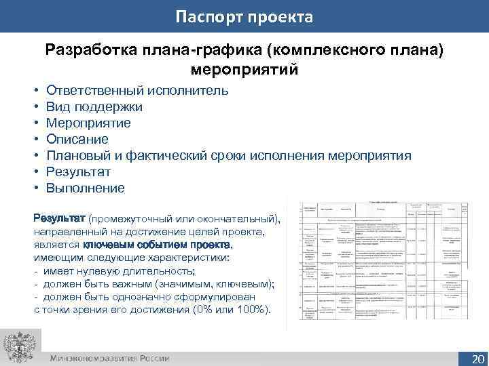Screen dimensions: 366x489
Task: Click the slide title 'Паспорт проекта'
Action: click(x=244, y=16)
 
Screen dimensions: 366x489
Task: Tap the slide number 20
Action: click(x=477, y=358)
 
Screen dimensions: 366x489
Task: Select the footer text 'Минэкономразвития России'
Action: click(x=109, y=358)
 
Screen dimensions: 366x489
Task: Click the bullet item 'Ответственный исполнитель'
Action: click(x=137, y=90)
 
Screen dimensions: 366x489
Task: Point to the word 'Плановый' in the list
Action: click(x=77, y=155)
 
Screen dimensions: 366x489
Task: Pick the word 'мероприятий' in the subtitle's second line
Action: click(x=244, y=68)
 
